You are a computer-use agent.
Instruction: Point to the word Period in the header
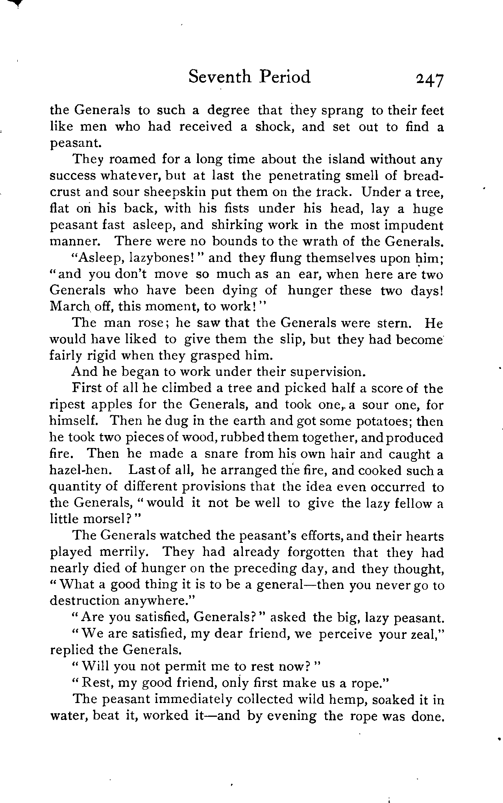point(285,77)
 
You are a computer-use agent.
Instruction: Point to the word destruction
point(85,601)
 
